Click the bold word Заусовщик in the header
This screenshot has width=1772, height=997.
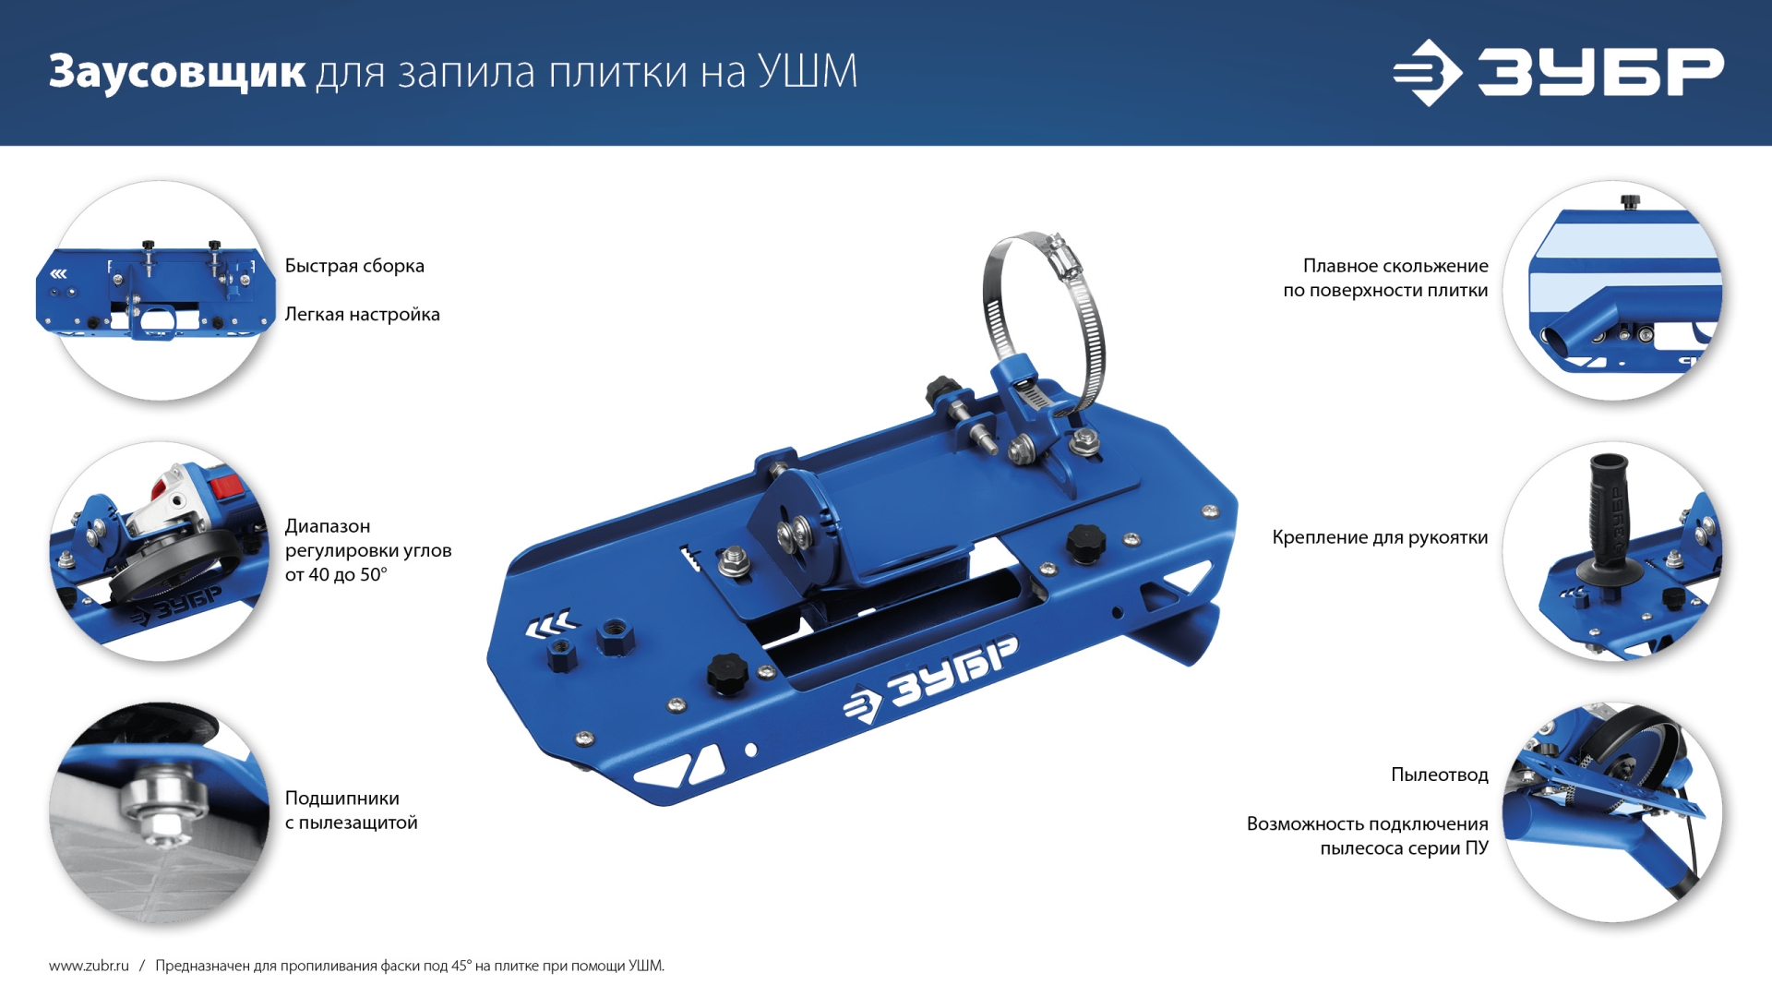point(177,72)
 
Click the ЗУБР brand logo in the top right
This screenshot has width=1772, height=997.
point(1558,72)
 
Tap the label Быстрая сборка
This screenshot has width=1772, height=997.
point(354,266)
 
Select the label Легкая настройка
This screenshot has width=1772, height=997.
point(362,315)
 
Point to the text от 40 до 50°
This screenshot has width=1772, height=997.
point(336,575)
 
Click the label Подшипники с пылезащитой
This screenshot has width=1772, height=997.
point(351,811)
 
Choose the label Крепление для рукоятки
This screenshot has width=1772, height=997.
point(1379,537)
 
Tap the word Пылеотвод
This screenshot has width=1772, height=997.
point(1439,775)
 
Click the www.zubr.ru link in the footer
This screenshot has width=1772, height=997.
point(89,966)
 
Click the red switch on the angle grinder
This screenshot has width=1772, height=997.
point(227,486)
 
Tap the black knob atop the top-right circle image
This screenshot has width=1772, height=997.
point(1631,200)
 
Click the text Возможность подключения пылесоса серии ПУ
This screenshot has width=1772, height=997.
point(1367,835)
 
